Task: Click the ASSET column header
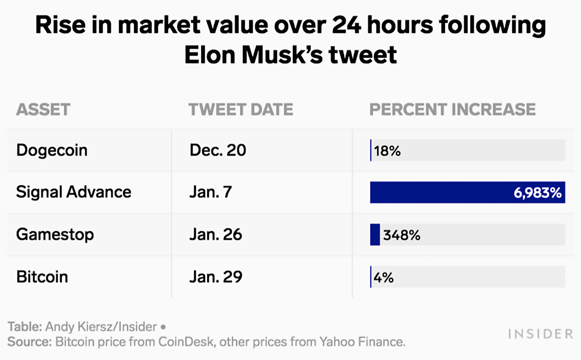click(x=43, y=109)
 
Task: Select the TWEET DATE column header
click(x=241, y=109)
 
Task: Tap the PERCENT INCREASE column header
click(x=452, y=109)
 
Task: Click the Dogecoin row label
click(x=52, y=150)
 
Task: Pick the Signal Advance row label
click(x=74, y=192)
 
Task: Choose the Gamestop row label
click(x=55, y=235)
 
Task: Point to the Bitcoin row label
click(x=42, y=277)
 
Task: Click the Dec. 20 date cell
click(x=218, y=150)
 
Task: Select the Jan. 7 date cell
click(x=211, y=192)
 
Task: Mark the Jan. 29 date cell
click(x=216, y=277)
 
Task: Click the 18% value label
click(x=387, y=151)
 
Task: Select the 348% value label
click(x=401, y=236)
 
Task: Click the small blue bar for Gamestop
click(x=375, y=235)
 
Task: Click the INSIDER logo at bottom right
click(x=540, y=334)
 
